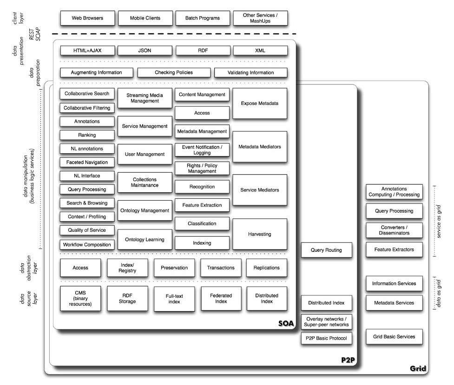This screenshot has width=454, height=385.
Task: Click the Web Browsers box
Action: [x=87, y=19]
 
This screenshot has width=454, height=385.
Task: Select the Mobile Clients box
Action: [x=145, y=19]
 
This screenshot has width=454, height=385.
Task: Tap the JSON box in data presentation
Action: [x=145, y=51]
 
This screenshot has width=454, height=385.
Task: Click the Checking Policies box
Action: [x=174, y=72]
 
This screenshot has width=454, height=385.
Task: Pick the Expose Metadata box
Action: [x=260, y=104]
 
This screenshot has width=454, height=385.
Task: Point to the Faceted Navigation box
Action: [x=87, y=163]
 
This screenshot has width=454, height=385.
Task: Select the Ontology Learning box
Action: [x=145, y=240]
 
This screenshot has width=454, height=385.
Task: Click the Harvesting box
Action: [x=260, y=234]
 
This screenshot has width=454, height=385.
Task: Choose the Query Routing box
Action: [x=326, y=250]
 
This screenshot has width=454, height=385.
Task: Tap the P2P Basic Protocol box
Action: [x=326, y=338]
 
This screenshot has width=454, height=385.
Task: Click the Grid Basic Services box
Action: [x=394, y=336]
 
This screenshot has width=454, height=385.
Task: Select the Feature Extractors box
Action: [x=394, y=249]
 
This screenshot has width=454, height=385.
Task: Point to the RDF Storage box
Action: [x=127, y=298]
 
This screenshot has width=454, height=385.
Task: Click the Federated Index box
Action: [x=221, y=298]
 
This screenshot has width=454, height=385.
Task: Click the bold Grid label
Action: [x=418, y=369]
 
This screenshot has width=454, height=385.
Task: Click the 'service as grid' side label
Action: [x=440, y=221]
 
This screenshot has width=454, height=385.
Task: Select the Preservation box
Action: [x=174, y=268]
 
